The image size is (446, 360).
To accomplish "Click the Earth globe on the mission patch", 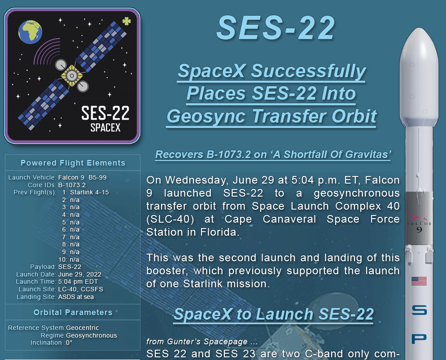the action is (x=30, y=32).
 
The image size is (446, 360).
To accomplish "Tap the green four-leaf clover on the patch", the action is (x=127, y=21).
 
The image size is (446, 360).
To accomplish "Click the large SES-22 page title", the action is (x=276, y=28).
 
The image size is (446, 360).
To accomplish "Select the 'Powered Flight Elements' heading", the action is (x=73, y=163).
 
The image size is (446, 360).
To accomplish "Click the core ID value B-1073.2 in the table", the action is (x=72, y=185).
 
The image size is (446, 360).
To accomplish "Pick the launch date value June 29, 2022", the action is (x=80, y=274).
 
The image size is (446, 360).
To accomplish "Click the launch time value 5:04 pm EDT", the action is (x=78, y=282).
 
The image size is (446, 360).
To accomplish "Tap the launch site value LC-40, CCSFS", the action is (x=80, y=289).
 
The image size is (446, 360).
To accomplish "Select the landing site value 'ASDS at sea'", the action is (x=76, y=297).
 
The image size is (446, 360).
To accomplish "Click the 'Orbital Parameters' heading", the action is (x=73, y=312).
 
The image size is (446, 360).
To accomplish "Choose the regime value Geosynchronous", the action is (x=91, y=335).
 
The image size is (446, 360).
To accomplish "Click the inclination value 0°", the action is (x=69, y=342).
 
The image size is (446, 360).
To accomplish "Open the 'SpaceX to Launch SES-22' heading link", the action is (x=274, y=314).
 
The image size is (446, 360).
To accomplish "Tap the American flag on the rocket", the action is (x=419, y=281).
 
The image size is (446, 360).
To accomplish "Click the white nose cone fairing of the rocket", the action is (x=419, y=77).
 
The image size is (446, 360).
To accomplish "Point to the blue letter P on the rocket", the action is (x=419, y=339).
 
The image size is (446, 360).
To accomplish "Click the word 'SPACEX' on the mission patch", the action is (x=105, y=128).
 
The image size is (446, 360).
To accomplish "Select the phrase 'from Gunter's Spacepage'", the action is (x=197, y=342).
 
